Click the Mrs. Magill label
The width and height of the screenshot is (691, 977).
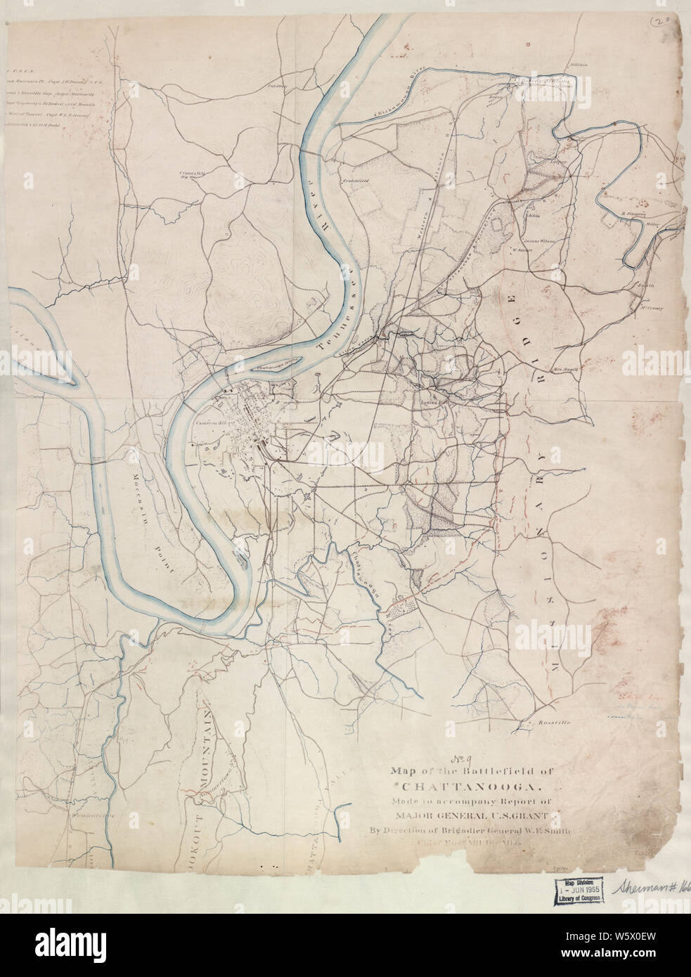pyautogui.click(x=564, y=369)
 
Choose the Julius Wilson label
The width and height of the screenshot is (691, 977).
pyautogui.click(x=539, y=241)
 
